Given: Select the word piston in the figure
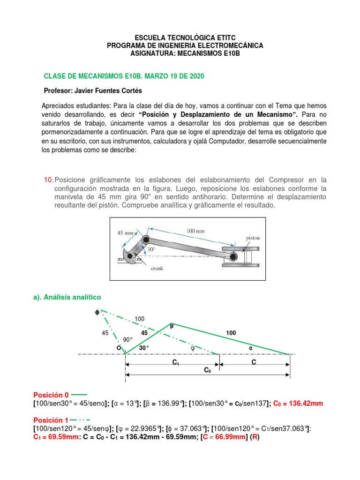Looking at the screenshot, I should (254, 238).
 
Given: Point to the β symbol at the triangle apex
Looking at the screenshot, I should (172, 325).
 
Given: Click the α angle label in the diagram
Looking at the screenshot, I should (250, 348).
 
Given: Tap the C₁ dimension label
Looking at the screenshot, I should (176, 362).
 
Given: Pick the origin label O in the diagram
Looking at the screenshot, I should (119, 348).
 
